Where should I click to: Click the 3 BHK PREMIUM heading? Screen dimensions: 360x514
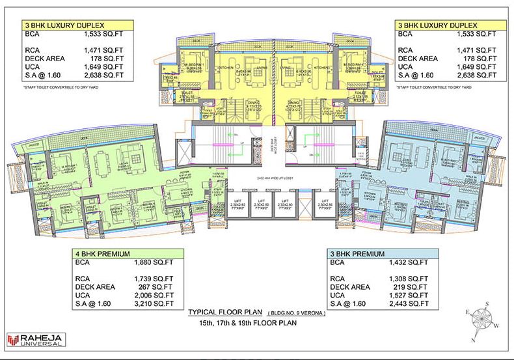coord(357,253)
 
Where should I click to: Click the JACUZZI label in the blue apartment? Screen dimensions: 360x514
coord(478,139)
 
